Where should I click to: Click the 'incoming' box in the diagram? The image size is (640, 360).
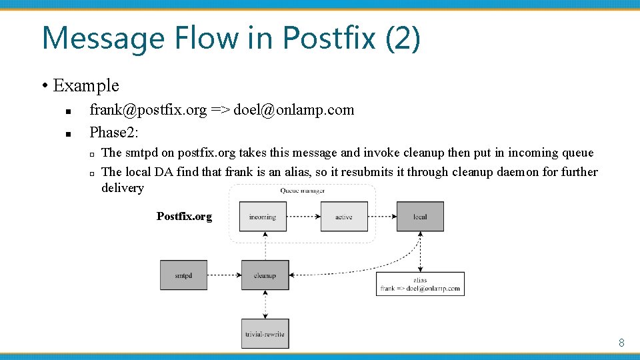coord(263,217)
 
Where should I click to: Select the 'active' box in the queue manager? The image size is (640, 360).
coord(344,217)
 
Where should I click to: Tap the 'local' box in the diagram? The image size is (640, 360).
coord(420,217)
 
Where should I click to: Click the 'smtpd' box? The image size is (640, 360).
coord(183,275)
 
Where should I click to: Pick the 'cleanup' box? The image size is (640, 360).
coord(265,275)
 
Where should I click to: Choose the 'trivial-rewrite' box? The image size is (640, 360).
coord(265,333)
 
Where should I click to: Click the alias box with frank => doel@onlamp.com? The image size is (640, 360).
coord(420,284)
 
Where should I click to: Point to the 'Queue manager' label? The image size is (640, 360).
coord(303,191)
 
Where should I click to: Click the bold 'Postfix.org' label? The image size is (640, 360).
coord(184,216)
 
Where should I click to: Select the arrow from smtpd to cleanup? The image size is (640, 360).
coord(224,275)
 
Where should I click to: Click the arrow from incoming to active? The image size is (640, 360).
coord(303,217)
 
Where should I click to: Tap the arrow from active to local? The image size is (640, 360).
coord(382,217)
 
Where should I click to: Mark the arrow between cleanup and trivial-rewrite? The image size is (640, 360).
coord(265,304)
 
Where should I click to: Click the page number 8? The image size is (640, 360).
coord(621,343)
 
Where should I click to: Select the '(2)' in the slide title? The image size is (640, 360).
coord(403,37)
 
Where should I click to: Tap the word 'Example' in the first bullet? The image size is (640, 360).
coord(85,85)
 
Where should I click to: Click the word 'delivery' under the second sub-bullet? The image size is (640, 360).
coord(123,187)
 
